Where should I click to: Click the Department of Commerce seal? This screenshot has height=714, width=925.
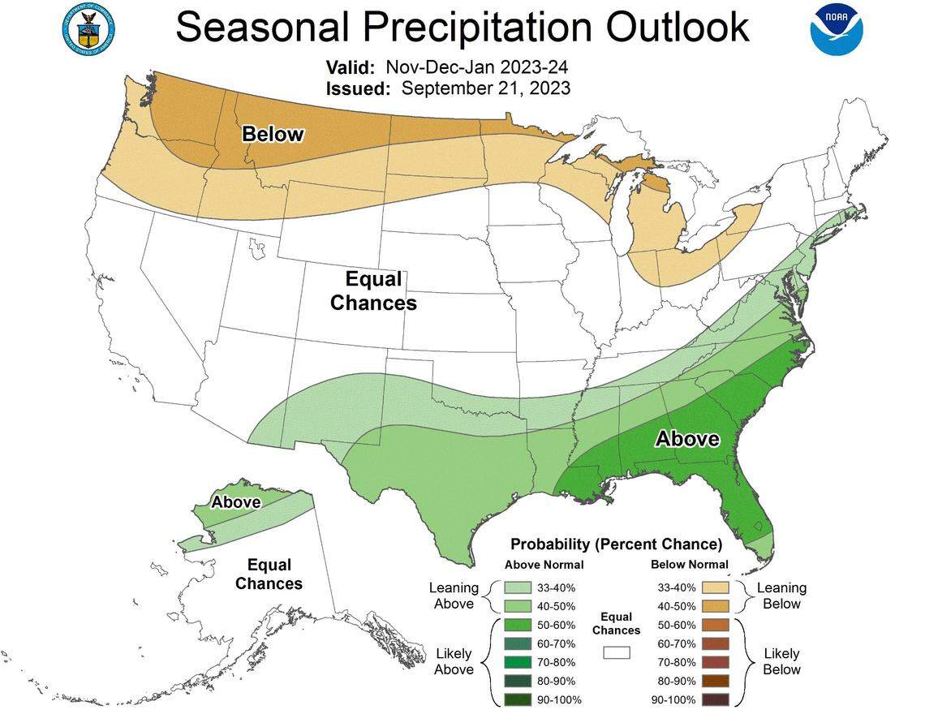point(88,27)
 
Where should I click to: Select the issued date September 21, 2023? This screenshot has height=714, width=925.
point(485,88)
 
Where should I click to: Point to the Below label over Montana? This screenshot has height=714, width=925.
point(273,135)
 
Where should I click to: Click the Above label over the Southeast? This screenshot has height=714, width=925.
point(687,439)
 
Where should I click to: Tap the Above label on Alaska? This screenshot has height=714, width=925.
point(236,502)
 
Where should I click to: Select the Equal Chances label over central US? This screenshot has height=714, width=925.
point(374,290)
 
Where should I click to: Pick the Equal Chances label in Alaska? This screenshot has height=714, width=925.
point(269,574)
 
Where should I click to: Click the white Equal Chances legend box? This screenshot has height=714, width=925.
point(616,652)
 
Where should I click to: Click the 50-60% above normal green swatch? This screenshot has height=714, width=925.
point(516,625)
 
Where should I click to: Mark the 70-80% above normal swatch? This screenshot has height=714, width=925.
point(516,662)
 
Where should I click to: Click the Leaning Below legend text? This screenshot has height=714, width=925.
point(781,596)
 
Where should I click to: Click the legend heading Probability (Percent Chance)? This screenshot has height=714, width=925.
point(616,544)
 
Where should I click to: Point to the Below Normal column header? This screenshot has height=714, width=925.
point(689,565)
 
